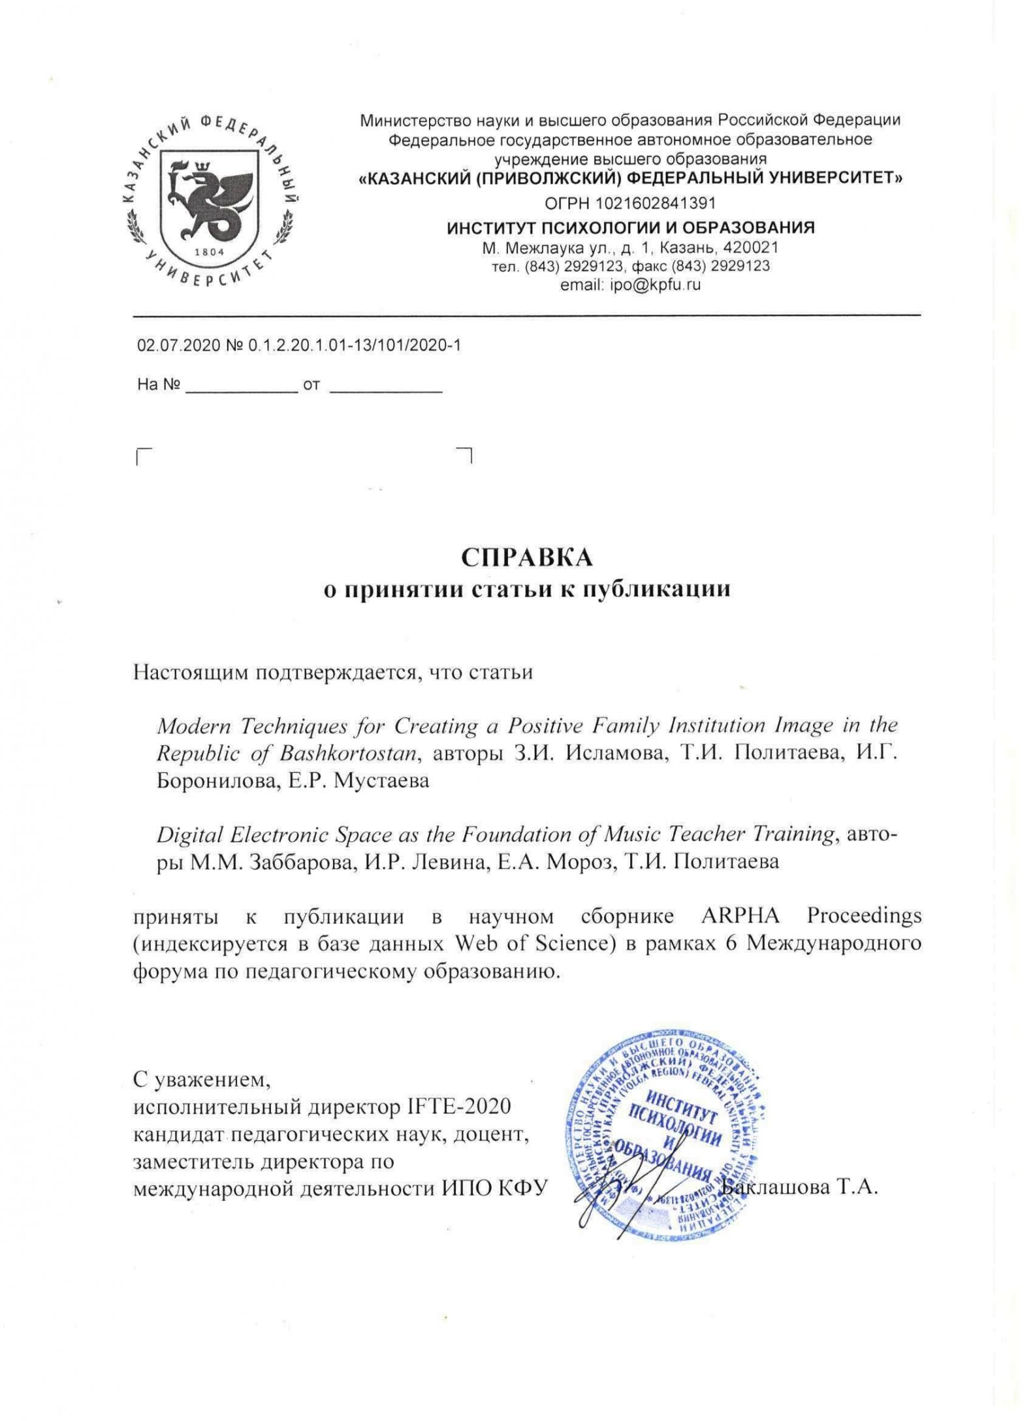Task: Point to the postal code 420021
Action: click(753, 248)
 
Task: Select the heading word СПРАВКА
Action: click(527, 557)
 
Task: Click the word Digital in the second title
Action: click(189, 835)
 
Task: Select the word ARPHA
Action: click(740, 916)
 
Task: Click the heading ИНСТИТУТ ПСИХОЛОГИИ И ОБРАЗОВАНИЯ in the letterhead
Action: click(631, 228)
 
